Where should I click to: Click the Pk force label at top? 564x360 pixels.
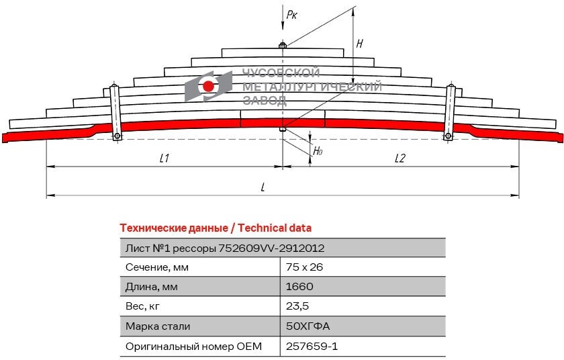pyautogui.click(x=291, y=14)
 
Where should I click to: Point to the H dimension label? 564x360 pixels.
pyautogui.click(x=360, y=44)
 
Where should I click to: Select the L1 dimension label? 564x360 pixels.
pyautogui.click(x=164, y=159)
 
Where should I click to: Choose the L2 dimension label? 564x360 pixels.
pyautogui.click(x=399, y=159)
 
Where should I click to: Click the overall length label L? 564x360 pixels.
pyautogui.click(x=263, y=187)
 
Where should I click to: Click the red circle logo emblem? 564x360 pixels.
pyautogui.click(x=208, y=86)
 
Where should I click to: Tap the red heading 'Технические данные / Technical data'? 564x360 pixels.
pyautogui.click(x=215, y=228)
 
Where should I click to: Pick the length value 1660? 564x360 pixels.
pyautogui.click(x=299, y=287)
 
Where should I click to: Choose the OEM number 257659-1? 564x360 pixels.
pyautogui.click(x=312, y=347)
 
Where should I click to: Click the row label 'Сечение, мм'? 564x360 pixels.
pyautogui.click(x=157, y=267)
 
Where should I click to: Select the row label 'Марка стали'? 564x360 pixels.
pyautogui.click(x=158, y=326)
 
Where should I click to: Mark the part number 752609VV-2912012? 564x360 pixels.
pyautogui.click(x=271, y=248)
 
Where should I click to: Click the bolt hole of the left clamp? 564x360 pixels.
pyautogui.click(x=117, y=137)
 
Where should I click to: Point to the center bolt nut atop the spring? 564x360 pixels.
pyautogui.click(x=283, y=46)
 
